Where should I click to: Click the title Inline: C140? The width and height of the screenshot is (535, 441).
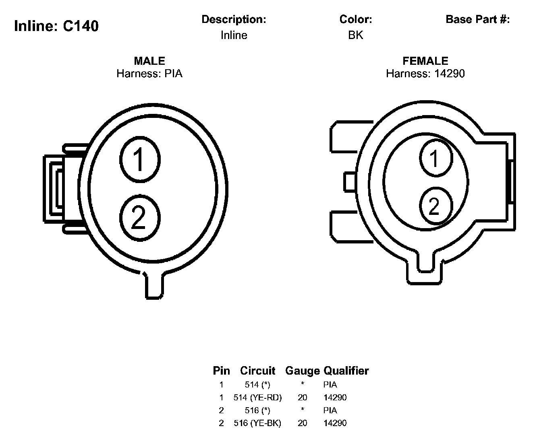[56, 26]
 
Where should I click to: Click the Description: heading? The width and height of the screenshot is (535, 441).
[234, 19]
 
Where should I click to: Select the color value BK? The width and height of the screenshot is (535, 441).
[355, 35]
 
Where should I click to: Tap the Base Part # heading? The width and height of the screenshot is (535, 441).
[477, 19]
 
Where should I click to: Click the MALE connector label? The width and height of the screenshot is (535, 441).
[149, 61]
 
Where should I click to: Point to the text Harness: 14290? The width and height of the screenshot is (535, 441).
[425, 74]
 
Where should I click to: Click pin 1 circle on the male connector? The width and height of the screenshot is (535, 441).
[140, 159]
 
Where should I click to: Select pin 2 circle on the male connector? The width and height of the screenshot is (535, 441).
[140, 218]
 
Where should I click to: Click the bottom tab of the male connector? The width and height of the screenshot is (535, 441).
[154, 286]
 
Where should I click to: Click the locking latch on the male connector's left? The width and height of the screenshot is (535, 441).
[54, 189]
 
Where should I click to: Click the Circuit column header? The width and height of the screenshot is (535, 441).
[257, 371]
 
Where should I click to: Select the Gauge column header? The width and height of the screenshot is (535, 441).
[302, 371]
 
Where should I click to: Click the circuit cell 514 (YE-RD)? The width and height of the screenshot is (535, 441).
[257, 398]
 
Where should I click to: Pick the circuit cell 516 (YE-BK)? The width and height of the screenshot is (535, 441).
[257, 423]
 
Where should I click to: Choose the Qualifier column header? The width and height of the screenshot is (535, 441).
[346, 371]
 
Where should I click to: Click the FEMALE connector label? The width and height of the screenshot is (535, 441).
[425, 61]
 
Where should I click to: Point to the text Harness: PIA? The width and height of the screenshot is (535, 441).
[149, 74]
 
